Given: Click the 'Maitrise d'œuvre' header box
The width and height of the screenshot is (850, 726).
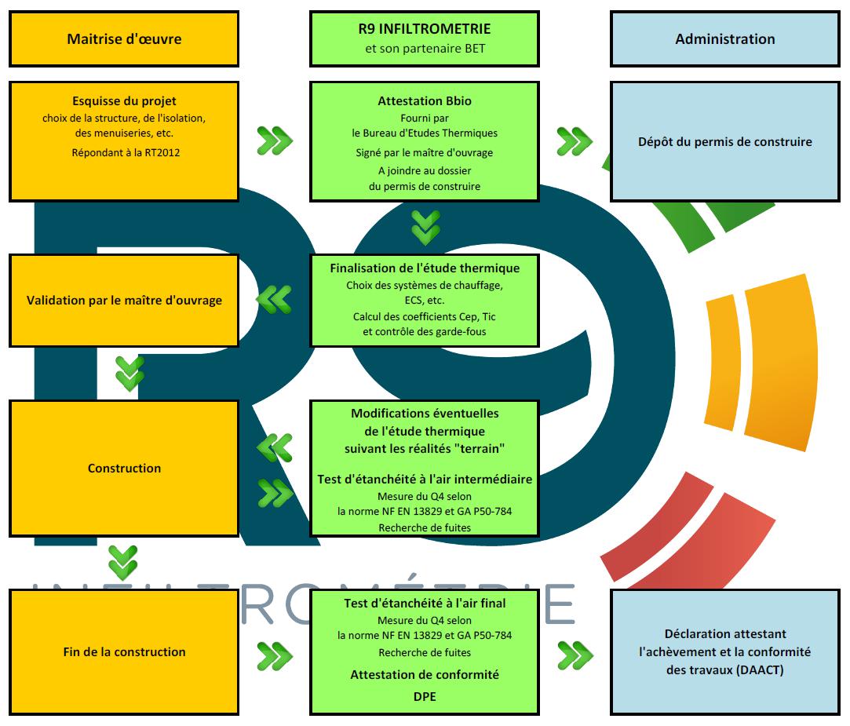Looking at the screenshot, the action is pyautogui.click(x=124, y=39).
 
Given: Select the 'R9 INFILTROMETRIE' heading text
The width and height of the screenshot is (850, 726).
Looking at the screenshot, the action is pyautogui.click(x=425, y=29).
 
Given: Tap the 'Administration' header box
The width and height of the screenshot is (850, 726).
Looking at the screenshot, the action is pyautogui.click(x=725, y=39).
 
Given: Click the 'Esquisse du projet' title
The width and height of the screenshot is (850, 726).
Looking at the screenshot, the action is pyautogui.click(x=124, y=100).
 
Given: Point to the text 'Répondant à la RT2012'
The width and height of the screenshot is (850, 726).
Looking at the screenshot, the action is pyautogui.click(x=126, y=153).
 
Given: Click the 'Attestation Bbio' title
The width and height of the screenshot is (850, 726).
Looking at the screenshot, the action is pyautogui.click(x=425, y=100).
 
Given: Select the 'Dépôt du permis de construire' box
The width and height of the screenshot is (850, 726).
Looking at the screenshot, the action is pyautogui.click(x=725, y=141).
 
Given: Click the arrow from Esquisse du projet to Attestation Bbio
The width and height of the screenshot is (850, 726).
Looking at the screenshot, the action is pyautogui.click(x=275, y=140).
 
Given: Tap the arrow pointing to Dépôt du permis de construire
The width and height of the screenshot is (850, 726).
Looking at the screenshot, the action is pyautogui.click(x=575, y=141).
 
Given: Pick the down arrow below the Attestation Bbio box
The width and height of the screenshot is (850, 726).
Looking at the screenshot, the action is pyautogui.click(x=425, y=228).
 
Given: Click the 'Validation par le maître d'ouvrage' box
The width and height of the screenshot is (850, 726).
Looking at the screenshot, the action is pyautogui.click(x=124, y=301).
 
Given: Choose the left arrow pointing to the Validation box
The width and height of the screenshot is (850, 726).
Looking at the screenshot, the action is pyautogui.click(x=274, y=299).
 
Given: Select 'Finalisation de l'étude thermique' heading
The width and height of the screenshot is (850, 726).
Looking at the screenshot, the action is pyautogui.click(x=425, y=268).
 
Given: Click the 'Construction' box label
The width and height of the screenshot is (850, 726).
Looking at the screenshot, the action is pyautogui.click(x=124, y=469).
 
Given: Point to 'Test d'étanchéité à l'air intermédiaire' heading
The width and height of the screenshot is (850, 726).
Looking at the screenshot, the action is pyautogui.click(x=425, y=480).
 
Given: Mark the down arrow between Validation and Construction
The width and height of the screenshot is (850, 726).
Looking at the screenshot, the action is pyautogui.click(x=130, y=374).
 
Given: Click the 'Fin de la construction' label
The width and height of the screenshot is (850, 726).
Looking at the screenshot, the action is pyautogui.click(x=124, y=651).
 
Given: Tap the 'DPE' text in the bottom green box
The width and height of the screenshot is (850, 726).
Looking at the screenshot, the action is pyautogui.click(x=425, y=697).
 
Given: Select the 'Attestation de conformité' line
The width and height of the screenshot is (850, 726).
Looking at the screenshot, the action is pyautogui.click(x=425, y=674).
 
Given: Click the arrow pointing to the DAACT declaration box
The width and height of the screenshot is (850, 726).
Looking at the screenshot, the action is pyautogui.click(x=575, y=655).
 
